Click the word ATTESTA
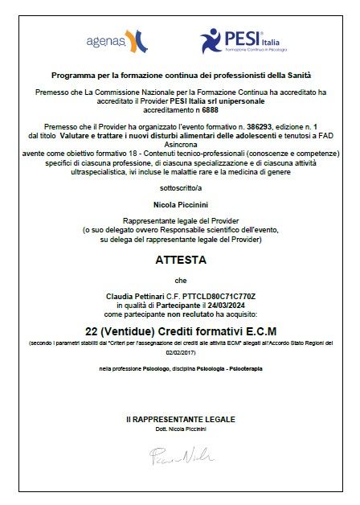click(x=180, y=261)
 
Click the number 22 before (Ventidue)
click(x=93, y=330)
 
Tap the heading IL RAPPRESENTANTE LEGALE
click(x=180, y=420)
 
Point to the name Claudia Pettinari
click(x=136, y=296)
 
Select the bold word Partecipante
click(x=178, y=305)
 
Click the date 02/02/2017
click(x=180, y=351)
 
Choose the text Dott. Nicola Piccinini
click(x=180, y=430)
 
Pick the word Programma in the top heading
click(x=72, y=75)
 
